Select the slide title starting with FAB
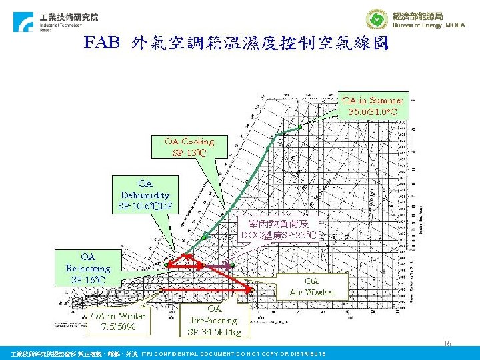236,44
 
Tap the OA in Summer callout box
373,105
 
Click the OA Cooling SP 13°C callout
189,147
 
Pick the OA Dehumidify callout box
145,194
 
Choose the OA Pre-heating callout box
214,320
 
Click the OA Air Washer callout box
311,287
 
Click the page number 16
447,344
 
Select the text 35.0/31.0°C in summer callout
373,111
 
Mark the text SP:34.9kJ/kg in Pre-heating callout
214,331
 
